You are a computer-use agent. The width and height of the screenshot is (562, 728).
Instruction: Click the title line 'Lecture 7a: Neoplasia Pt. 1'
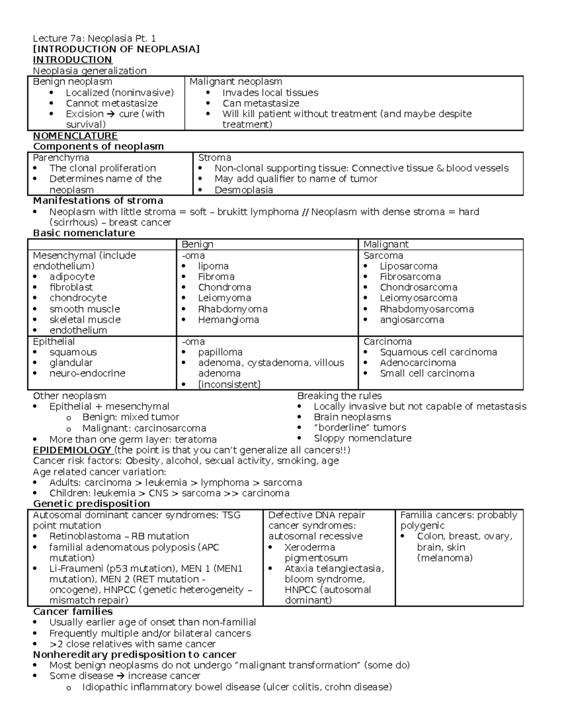(x=94, y=38)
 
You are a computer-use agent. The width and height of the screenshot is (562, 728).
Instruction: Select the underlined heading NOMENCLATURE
(x=75, y=136)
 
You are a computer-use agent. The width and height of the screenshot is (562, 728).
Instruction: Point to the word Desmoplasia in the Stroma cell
(x=244, y=190)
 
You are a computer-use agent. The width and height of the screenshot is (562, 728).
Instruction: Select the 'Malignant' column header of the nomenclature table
(x=386, y=244)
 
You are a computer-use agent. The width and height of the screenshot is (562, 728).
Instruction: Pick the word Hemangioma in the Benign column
(x=228, y=320)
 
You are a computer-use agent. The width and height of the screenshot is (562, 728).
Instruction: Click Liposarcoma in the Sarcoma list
(x=408, y=266)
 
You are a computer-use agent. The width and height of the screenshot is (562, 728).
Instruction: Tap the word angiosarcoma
(x=412, y=320)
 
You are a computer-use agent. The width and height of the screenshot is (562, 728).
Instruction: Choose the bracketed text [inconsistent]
(x=229, y=384)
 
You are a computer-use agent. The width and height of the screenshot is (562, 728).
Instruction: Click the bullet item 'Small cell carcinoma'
(x=427, y=374)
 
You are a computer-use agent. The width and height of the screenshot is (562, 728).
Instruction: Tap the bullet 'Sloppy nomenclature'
(x=362, y=438)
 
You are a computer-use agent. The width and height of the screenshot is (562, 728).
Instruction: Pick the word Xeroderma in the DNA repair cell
(x=310, y=548)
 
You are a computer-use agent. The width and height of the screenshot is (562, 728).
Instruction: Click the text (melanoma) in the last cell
(x=444, y=558)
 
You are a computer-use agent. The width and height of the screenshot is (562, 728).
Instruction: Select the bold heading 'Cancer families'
(x=73, y=612)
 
